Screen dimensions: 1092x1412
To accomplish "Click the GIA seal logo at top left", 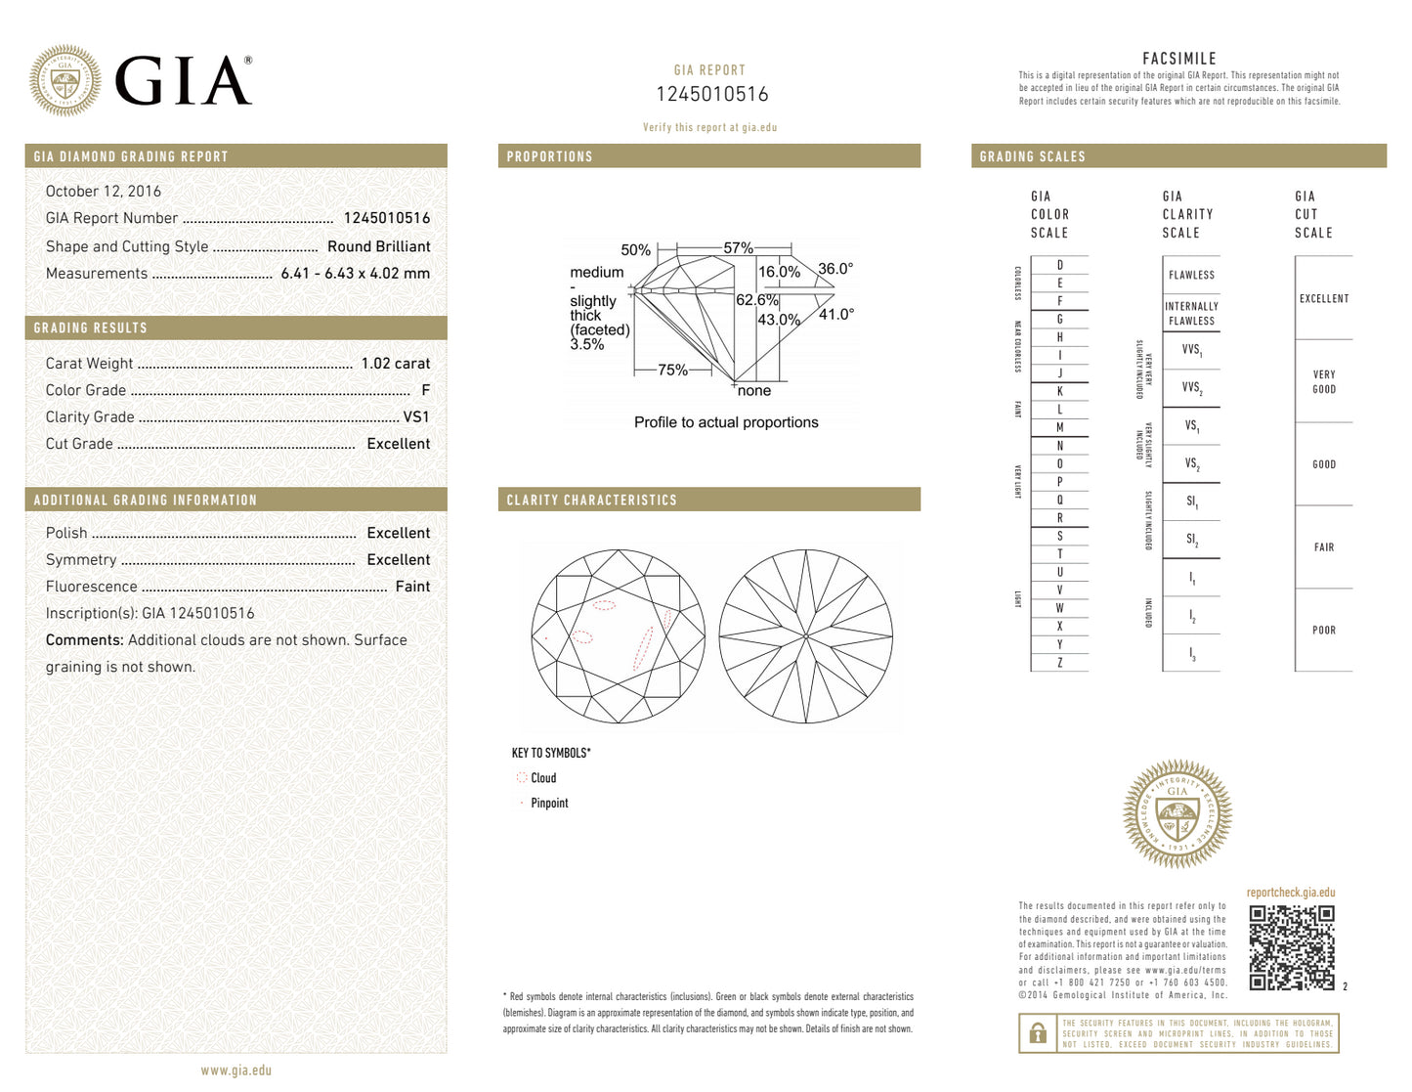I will coord(64,80).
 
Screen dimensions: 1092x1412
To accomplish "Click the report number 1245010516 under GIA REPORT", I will coord(711,95).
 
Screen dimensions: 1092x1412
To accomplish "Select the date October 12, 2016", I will coord(104,192).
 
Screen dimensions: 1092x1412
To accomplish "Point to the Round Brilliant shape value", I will coord(378,246).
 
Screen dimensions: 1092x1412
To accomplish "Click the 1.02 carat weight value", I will coord(395,364).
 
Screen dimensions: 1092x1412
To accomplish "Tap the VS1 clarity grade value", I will coord(416,417).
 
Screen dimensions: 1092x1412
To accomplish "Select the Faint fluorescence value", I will coord(412,587).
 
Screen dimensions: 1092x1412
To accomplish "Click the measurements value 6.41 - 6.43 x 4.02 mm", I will coord(355,274).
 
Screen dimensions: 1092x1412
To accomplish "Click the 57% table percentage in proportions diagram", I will coord(738,248).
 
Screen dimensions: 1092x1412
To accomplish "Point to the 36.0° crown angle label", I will coord(835,269).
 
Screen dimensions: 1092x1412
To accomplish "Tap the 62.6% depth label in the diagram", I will coord(756,300).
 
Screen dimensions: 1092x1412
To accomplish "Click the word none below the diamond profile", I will coord(753,391).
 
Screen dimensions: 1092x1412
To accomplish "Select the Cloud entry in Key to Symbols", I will coord(543,778).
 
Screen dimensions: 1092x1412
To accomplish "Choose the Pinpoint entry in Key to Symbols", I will coord(549,804).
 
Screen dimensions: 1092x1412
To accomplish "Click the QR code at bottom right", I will coord(1291,947).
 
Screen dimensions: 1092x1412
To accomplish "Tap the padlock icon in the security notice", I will coord(1038,1033).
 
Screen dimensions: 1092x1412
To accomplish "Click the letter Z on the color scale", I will coord(1059,663).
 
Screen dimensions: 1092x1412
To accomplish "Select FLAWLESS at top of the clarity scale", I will coord(1191,276).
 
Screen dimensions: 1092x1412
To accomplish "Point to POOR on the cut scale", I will coord(1323,631).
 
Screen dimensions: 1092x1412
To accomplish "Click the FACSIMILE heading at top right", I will coord(1178,59).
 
